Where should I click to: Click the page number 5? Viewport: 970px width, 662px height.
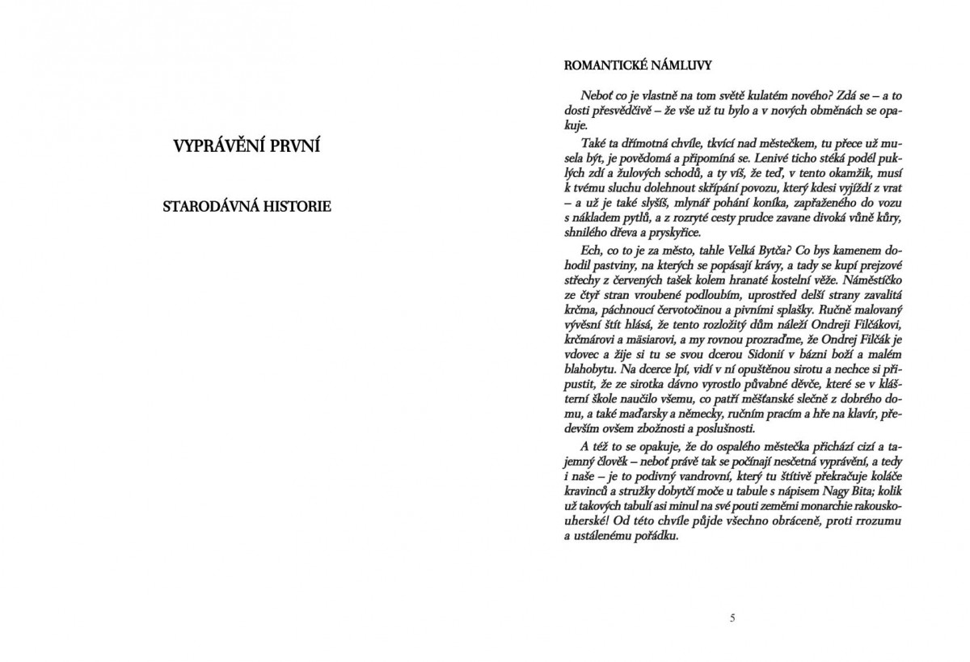[732, 618]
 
